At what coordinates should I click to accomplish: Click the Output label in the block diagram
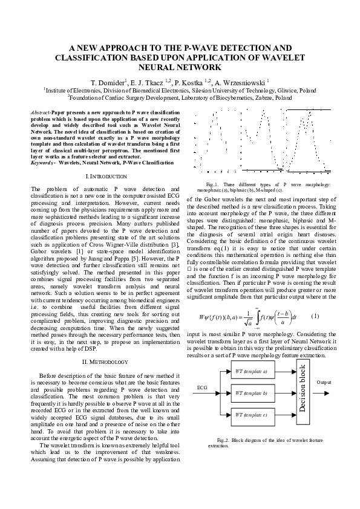[324, 383]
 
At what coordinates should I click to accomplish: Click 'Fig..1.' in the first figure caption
[212, 184]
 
